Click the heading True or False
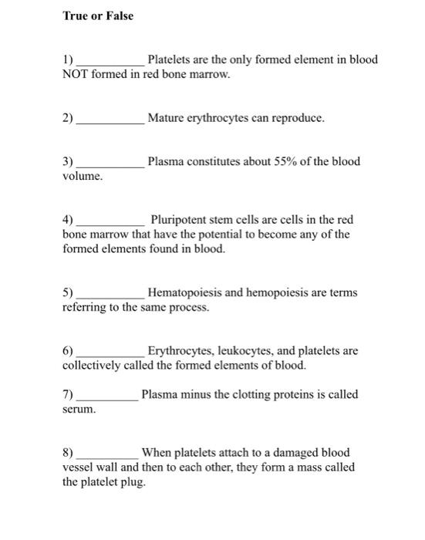[x=97, y=15]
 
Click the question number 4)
[x=68, y=221]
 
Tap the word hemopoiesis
[x=283, y=293]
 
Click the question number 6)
[x=68, y=351]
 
